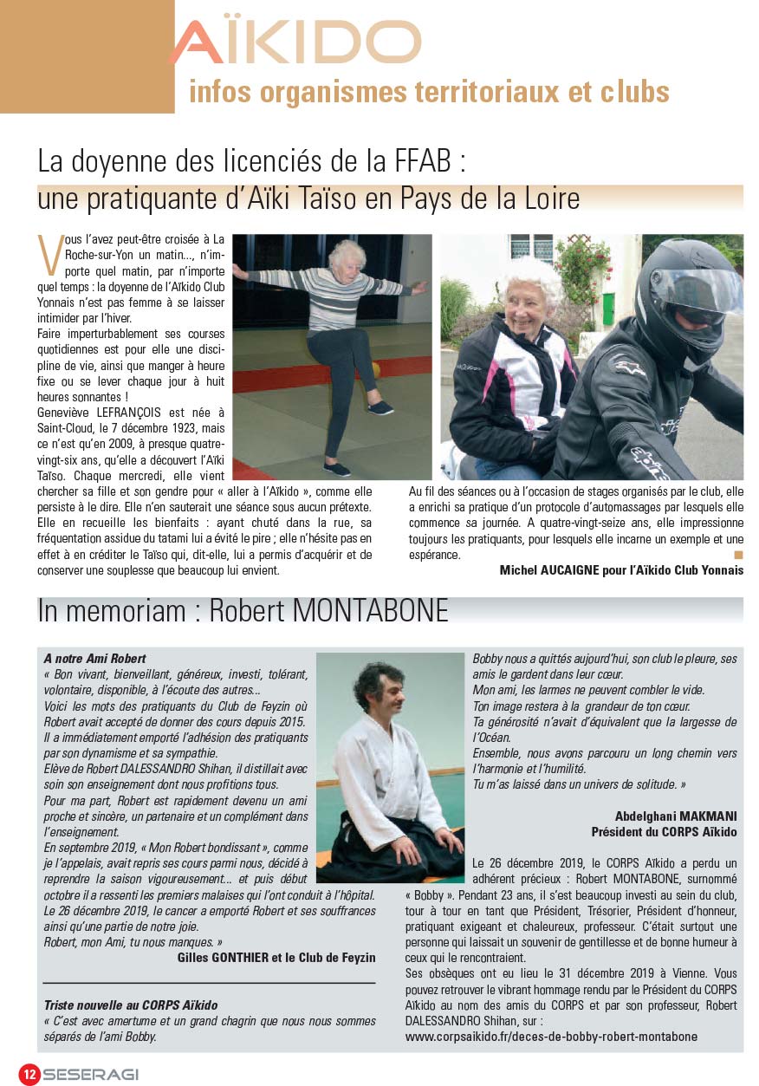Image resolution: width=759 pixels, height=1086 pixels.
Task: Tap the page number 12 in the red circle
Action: [x=29, y=1073]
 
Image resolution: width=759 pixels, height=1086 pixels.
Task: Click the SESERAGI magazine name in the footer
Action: [x=90, y=1074]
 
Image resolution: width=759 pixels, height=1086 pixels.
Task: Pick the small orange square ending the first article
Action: [x=738, y=554]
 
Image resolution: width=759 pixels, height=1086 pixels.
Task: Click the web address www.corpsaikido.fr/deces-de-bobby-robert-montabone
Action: [x=551, y=1036]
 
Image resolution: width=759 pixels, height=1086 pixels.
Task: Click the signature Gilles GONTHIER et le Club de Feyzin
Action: [x=276, y=957]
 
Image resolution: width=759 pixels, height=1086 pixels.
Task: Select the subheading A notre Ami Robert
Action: [x=94, y=659]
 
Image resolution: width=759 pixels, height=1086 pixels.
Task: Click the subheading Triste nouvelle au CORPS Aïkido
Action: [x=131, y=1005]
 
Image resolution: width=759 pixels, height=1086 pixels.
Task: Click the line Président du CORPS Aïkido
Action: [x=664, y=832]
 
